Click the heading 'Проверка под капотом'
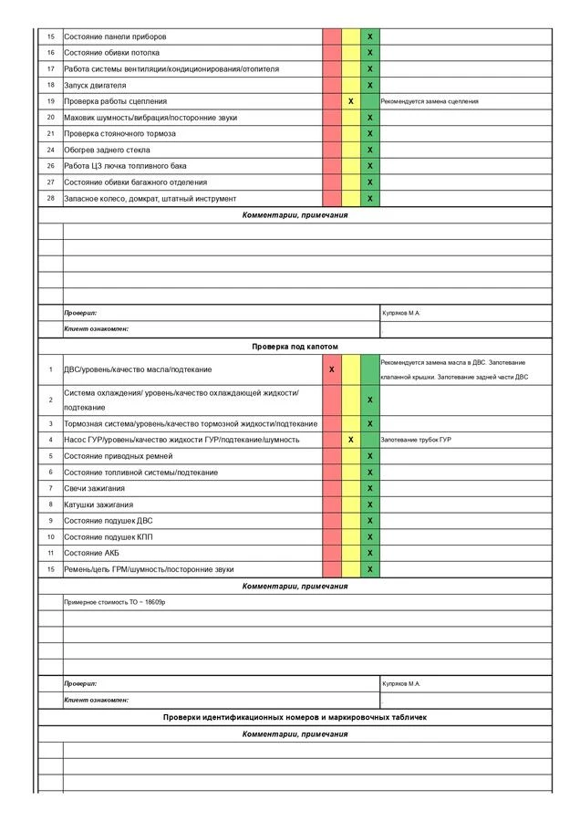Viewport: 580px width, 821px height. (295, 348)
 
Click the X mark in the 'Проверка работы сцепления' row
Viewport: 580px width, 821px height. (351, 101)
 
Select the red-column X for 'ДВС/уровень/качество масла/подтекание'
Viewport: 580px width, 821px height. (331, 369)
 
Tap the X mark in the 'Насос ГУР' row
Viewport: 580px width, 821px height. (351, 440)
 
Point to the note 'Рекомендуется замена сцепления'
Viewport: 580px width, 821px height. (430, 101)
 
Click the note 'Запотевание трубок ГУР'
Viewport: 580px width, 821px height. (416, 440)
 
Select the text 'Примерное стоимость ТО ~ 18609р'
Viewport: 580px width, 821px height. (115, 603)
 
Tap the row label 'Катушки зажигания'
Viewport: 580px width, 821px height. (98, 504)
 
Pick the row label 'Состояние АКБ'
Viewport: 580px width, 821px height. (92, 553)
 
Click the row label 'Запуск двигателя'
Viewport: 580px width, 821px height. (95, 85)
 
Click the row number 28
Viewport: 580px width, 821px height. (51, 198)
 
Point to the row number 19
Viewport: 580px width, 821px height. (51, 101)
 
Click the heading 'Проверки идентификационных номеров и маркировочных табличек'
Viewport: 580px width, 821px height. (295, 717)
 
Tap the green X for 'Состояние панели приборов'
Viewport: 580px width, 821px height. (370, 36)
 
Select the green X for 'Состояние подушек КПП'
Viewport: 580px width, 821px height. (370, 536)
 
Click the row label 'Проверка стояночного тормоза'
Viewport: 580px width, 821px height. (119, 133)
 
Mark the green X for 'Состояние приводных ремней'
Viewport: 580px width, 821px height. (370, 456)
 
